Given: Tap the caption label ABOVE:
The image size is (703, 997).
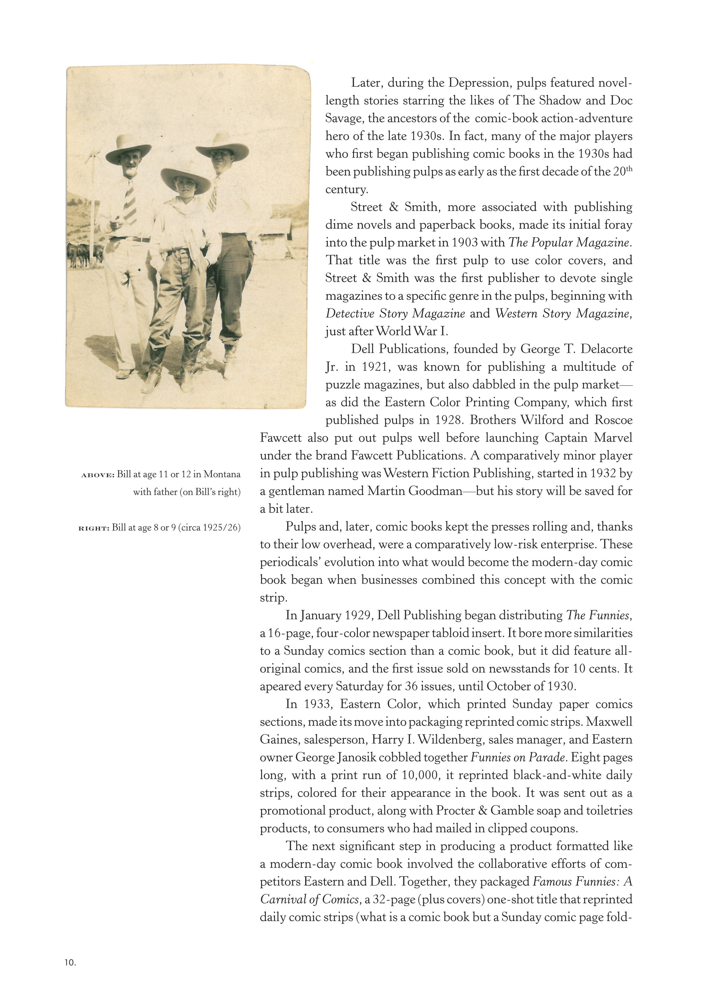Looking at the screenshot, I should (98, 475).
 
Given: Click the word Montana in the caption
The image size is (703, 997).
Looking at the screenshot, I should (222, 474).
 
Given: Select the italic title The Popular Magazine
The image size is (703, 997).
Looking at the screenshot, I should (569, 242).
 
